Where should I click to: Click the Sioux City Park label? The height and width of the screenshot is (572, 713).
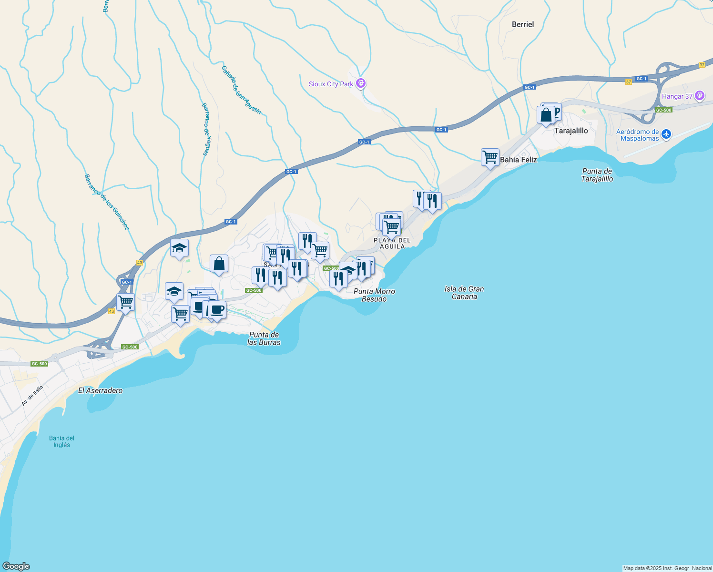point(331,84)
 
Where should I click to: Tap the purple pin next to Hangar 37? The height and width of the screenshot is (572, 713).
point(700,96)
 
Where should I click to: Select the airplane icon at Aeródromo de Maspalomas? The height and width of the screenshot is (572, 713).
point(666,134)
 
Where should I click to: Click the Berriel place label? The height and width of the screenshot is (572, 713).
point(523,25)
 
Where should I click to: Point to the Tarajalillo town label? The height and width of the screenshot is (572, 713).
point(571,131)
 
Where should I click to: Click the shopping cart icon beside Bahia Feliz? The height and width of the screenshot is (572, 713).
point(490,157)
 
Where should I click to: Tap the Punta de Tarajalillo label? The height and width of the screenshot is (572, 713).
point(597,175)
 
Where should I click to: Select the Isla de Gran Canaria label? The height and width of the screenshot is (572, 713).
point(464,293)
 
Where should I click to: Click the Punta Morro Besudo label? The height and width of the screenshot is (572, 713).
point(374,295)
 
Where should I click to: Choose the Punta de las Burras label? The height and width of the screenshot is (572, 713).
point(264,338)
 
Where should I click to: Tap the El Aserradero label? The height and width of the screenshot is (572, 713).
point(100,390)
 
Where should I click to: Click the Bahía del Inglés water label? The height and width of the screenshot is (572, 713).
point(62,441)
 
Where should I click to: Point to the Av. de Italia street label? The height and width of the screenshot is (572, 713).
point(32,396)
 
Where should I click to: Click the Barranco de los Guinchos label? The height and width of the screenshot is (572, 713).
point(107,202)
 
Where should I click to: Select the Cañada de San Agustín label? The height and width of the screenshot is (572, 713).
point(241,90)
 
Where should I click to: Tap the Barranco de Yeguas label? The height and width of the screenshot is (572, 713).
point(206,129)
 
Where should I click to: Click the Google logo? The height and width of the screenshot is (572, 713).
point(16,566)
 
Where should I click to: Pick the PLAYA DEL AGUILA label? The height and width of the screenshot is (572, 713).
point(392,243)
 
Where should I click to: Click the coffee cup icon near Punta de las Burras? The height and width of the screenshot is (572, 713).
point(217,310)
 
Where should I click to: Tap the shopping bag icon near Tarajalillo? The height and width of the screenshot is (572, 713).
point(546,115)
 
